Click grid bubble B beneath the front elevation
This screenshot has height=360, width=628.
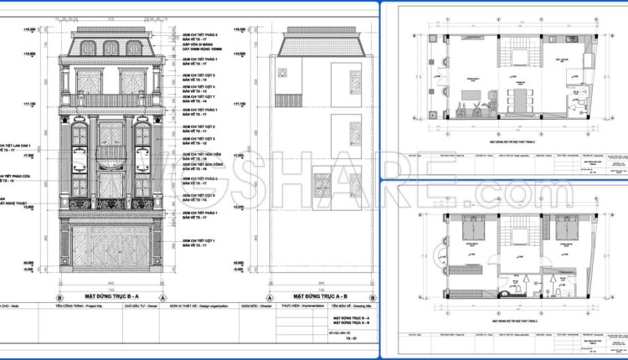(x=59, y=297)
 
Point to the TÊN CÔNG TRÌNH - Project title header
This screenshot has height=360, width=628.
(x=81, y=306)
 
